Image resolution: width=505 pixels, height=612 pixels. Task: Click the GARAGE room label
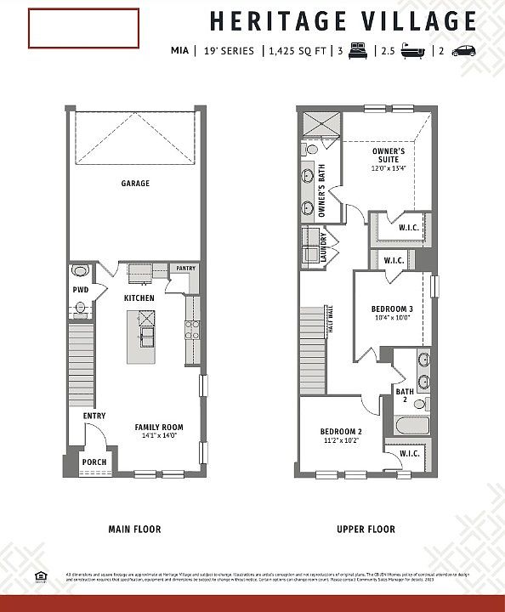click(135, 183)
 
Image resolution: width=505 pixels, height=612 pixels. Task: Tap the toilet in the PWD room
click(81, 271)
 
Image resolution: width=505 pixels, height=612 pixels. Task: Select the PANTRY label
click(185, 269)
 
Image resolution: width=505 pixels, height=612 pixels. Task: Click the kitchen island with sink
click(144, 337)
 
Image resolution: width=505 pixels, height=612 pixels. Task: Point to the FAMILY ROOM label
click(159, 427)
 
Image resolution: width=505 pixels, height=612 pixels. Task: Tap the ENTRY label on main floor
click(94, 416)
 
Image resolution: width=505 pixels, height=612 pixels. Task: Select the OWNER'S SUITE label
click(388, 156)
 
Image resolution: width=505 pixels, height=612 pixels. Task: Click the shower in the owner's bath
click(319, 124)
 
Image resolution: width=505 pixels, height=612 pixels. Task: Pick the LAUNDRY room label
click(323, 248)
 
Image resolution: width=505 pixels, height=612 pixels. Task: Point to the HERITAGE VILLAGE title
click(342, 20)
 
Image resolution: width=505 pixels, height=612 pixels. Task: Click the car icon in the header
click(463, 50)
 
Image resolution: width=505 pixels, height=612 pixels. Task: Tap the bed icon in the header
click(357, 50)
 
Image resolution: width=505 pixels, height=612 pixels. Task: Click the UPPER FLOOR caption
click(366, 530)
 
